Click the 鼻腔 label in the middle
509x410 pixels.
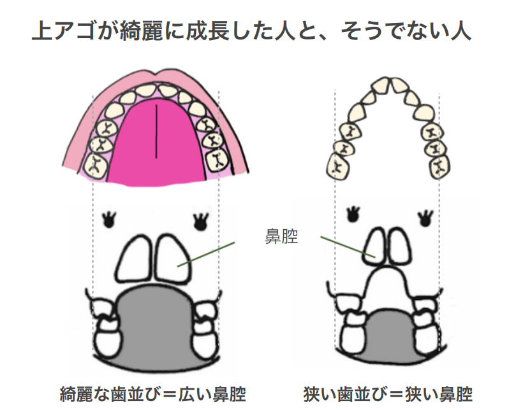281,237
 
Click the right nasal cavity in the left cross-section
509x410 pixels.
172,258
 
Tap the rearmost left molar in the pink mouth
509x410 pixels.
96,165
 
